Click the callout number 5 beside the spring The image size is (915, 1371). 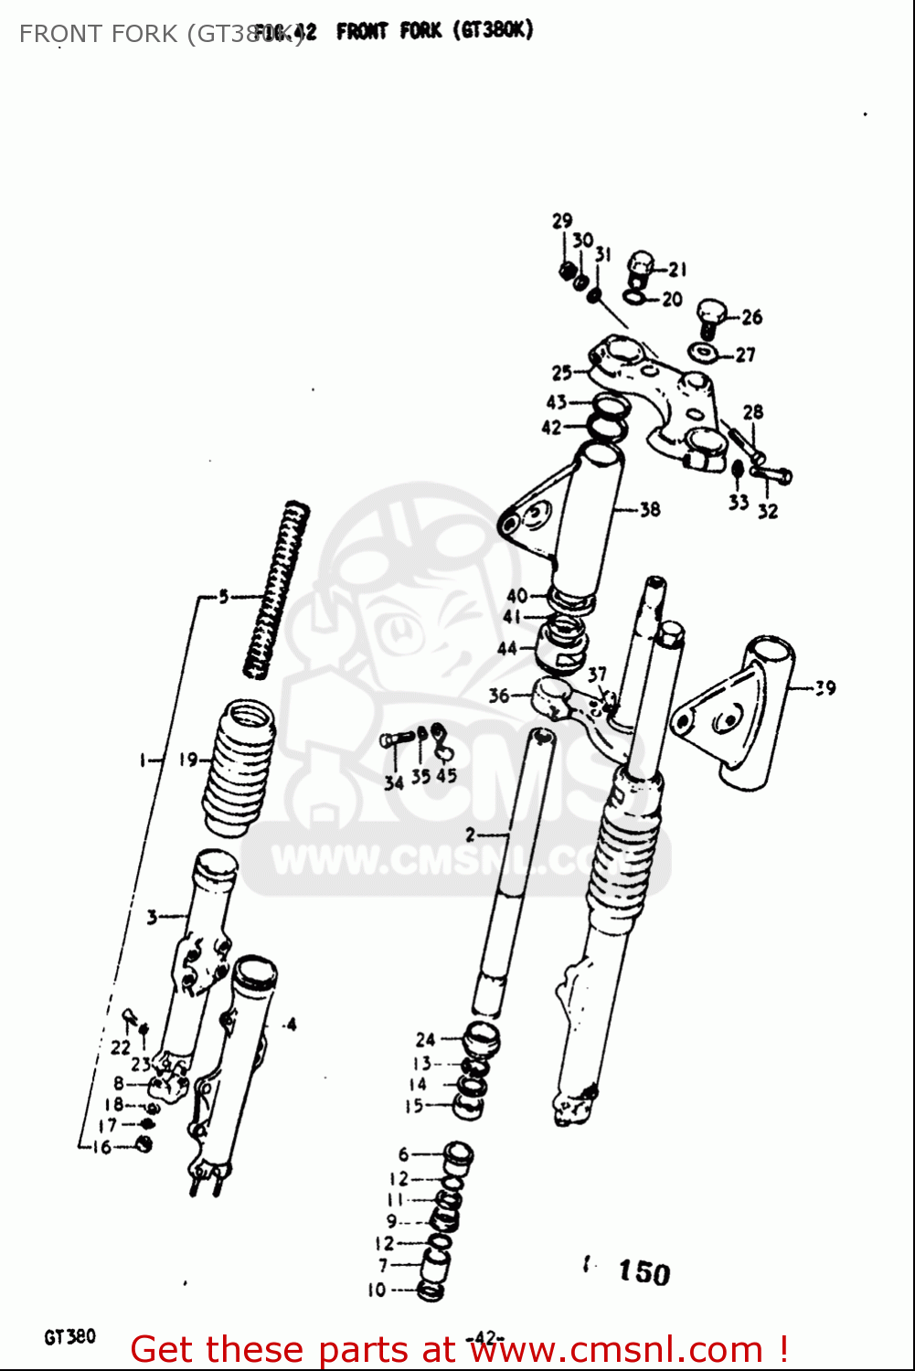223,597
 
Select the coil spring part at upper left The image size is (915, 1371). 277,590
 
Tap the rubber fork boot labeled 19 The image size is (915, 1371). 239,768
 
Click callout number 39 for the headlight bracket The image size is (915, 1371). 825,687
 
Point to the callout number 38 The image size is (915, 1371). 650,509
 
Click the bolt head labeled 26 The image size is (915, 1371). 711,315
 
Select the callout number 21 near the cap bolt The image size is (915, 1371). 677,269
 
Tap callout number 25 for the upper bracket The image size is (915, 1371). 561,372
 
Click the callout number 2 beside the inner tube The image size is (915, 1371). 470,834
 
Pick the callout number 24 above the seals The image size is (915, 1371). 425,1039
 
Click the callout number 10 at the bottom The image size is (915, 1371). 377,1290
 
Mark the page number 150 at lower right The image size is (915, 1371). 644,1271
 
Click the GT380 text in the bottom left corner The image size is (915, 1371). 69,1336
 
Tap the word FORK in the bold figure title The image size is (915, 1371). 420,31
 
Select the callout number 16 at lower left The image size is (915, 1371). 101,1146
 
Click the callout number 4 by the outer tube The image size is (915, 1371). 291,1025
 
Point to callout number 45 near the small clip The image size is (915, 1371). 446,775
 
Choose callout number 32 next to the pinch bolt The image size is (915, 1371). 768,511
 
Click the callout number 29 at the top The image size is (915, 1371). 561,220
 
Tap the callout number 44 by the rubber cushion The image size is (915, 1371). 507,648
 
